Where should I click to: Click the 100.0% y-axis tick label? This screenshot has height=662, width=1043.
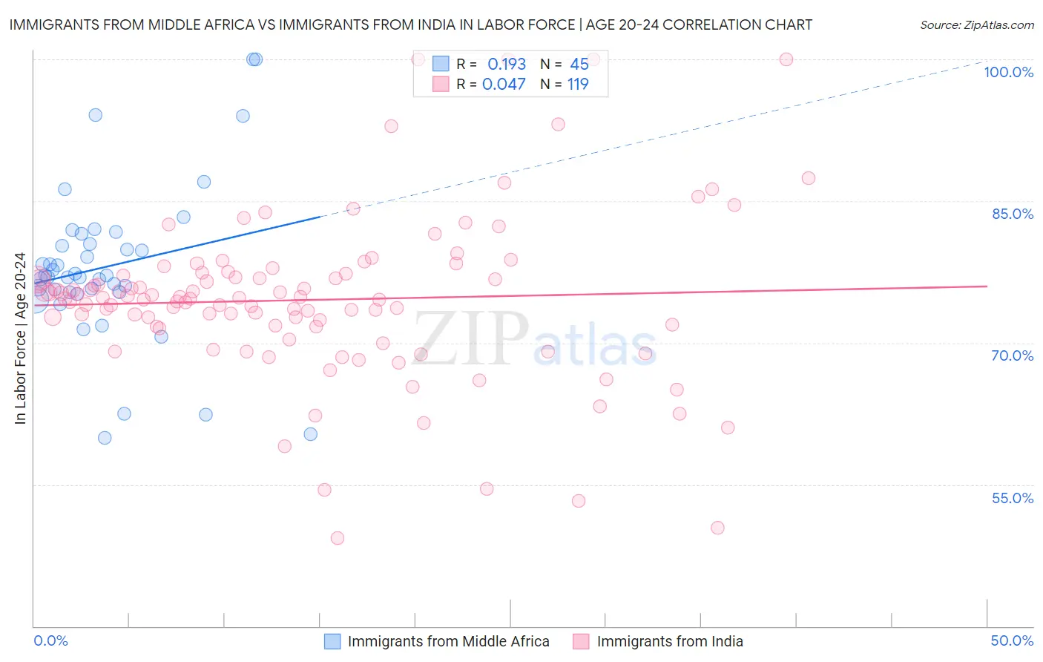(x=1008, y=72)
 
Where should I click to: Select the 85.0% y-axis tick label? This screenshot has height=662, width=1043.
(x=1013, y=214)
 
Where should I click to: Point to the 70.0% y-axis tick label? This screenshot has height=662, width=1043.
(x=1013, y=355)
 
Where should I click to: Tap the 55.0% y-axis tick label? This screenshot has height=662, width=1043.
(x=1013, y=498)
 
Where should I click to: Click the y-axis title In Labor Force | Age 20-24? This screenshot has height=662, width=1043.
(x=20, y=338)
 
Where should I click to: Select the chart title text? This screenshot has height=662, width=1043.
(x=410, y=24)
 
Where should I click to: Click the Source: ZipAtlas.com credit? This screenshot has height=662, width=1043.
(x=976, y=24)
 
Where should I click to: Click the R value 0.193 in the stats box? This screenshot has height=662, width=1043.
(x=506, y=64)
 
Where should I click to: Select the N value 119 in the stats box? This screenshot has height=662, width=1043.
(x=578, y=85)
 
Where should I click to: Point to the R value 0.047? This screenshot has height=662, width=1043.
(x=504, y=85)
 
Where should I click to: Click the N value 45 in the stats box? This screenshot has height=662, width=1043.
(x=579, y=64)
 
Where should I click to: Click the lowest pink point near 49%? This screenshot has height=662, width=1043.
(x=338, y=538)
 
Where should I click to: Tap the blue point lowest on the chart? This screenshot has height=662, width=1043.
(x=105, y=438)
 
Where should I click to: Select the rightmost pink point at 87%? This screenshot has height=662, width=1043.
(x=809, y=178)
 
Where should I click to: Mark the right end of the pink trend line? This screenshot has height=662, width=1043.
(x=987, y=286)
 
